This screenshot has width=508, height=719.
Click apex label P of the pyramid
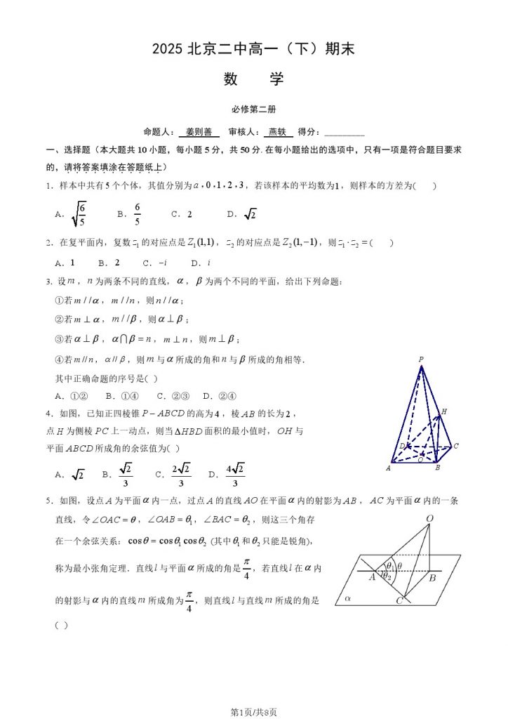click(421, 359)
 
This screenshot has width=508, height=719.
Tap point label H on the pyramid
click(444, 411)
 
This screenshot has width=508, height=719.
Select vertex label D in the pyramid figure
click(401, 446)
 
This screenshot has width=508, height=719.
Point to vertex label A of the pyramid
click(388, 468)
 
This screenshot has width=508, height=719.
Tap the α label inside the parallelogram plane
click(347, 599)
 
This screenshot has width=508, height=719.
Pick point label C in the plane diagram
click(399, 602)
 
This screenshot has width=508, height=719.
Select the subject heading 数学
click(254, 79)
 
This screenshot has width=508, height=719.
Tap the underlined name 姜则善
click(199, 131)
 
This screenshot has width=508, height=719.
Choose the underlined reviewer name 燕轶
click(278, 131)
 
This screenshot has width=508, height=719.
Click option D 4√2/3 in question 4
click(234, 475)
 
